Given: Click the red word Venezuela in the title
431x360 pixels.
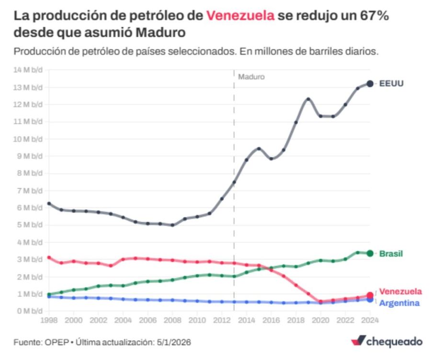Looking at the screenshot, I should click(x=240, y=15).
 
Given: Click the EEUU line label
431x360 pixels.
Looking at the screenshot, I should click(x=391, y=84).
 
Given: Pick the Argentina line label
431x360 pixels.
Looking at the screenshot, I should click(x=399, y=303).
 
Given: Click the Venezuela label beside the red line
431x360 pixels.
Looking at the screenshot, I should click(x=400, y=292).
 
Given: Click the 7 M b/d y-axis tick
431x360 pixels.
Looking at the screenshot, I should click(x=30, y=191).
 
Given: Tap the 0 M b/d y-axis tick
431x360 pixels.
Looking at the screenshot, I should click(x=30, y=311).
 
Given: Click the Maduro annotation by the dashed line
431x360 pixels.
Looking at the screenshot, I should click(x=251, y=77).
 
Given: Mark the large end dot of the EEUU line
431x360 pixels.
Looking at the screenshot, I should click(x=370, y=84).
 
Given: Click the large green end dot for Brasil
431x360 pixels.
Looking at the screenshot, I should click(x=370, y=253).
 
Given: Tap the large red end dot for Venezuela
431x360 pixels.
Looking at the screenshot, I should click(x=370, y=295).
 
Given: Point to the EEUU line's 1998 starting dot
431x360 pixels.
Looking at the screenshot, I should click(x=49, y=203).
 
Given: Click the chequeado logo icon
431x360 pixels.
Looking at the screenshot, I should click(x=358, y=341).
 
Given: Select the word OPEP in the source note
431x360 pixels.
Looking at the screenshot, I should click(x=57, y=343).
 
